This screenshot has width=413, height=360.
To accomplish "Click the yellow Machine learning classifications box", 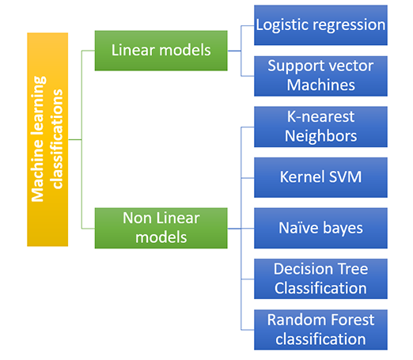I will pyautogui.click(x=47, y=138).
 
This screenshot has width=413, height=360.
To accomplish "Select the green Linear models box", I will pyautogui.click(x=161, y=50).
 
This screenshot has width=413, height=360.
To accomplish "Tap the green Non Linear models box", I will pyautogui.click(x=161, y=226).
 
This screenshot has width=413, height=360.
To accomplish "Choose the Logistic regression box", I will pyautogui.click(x=320, y=25).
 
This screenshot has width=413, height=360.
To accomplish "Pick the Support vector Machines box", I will pyautogui.click(x=320, y=74).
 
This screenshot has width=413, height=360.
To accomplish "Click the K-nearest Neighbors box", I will pyautogui.click(x=320, y=127).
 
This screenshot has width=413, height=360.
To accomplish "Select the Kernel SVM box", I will pyautogui.click(x=320, y=176).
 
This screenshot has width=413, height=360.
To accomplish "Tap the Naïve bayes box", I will pyautogui.click(x=320, y=228).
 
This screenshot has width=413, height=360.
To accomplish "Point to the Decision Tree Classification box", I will pyautogui.click(x=320, y=279).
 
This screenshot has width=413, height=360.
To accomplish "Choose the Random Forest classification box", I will pyautogui.click(x=320, y=329).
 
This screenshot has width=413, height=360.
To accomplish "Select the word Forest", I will pyautogui.click(x=347, y=320).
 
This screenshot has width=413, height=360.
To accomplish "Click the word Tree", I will pyautogui.click(x=351, y=269).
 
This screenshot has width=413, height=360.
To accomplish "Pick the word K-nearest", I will pyautogui.click(x=320, y=117).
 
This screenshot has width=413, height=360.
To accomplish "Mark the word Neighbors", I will pyautogui.click(x=320, y=136).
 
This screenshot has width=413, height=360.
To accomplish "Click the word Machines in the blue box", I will pyautogui.click(x=320, y=84).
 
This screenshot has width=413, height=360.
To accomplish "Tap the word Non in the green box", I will pyautogui.click(x=137, y=218).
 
